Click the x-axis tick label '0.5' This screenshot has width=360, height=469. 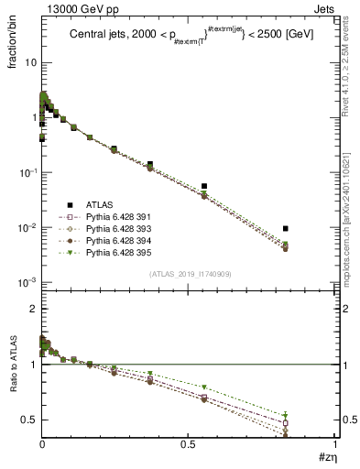pos(188,443)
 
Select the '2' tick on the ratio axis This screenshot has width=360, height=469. pos(32,310)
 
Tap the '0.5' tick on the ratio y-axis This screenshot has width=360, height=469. pos(27,420)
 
